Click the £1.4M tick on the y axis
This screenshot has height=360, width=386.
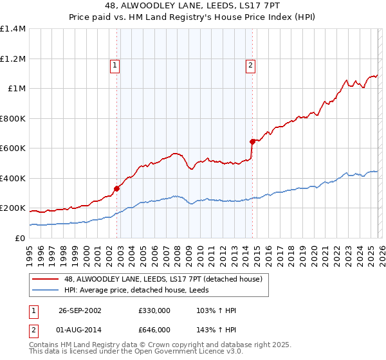point(13,29)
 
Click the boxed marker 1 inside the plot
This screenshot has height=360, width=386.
point(115,64)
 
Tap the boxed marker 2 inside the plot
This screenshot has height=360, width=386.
point(250,64)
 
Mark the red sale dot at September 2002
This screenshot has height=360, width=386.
point(117,188)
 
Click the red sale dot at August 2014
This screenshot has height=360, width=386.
point(252,141)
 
